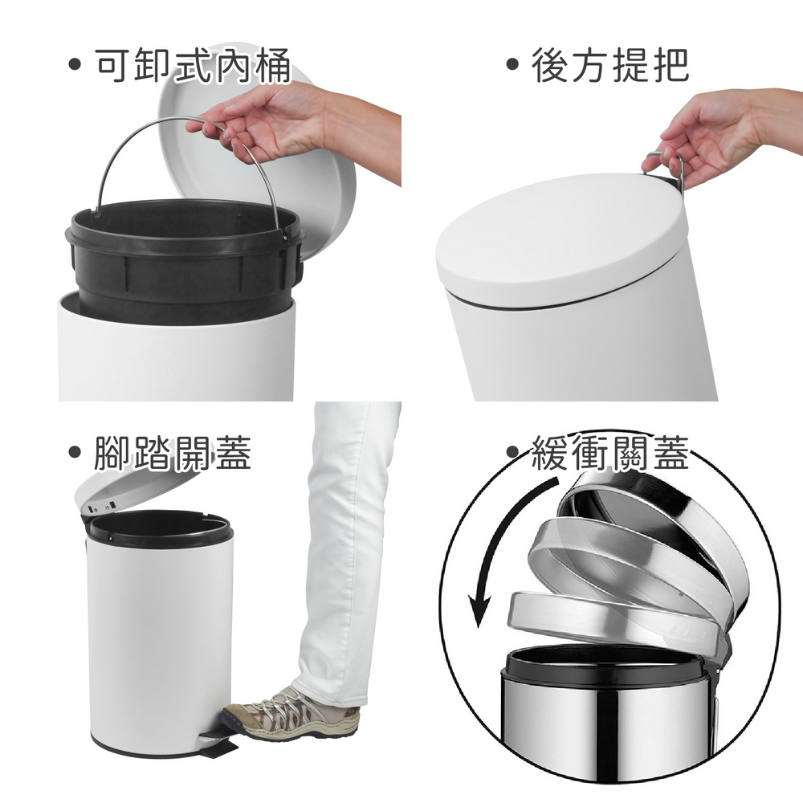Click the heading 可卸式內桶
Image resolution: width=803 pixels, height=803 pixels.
(x=193, y=66)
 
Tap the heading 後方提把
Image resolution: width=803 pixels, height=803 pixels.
(x=610, y=66)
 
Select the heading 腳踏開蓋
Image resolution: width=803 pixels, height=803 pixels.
(x=173, y=452)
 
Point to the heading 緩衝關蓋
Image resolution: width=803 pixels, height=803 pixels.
(x=610, y=452)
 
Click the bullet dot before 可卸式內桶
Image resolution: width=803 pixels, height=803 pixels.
(x=75, y=64)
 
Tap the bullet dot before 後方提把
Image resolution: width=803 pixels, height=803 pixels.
(x=512, y=64)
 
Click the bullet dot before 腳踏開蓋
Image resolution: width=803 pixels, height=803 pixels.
(x=75, y=451)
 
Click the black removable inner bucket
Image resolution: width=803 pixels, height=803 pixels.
(x=185, y=256)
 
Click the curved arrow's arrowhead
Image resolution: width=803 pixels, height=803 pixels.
(x=479, y=610)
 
